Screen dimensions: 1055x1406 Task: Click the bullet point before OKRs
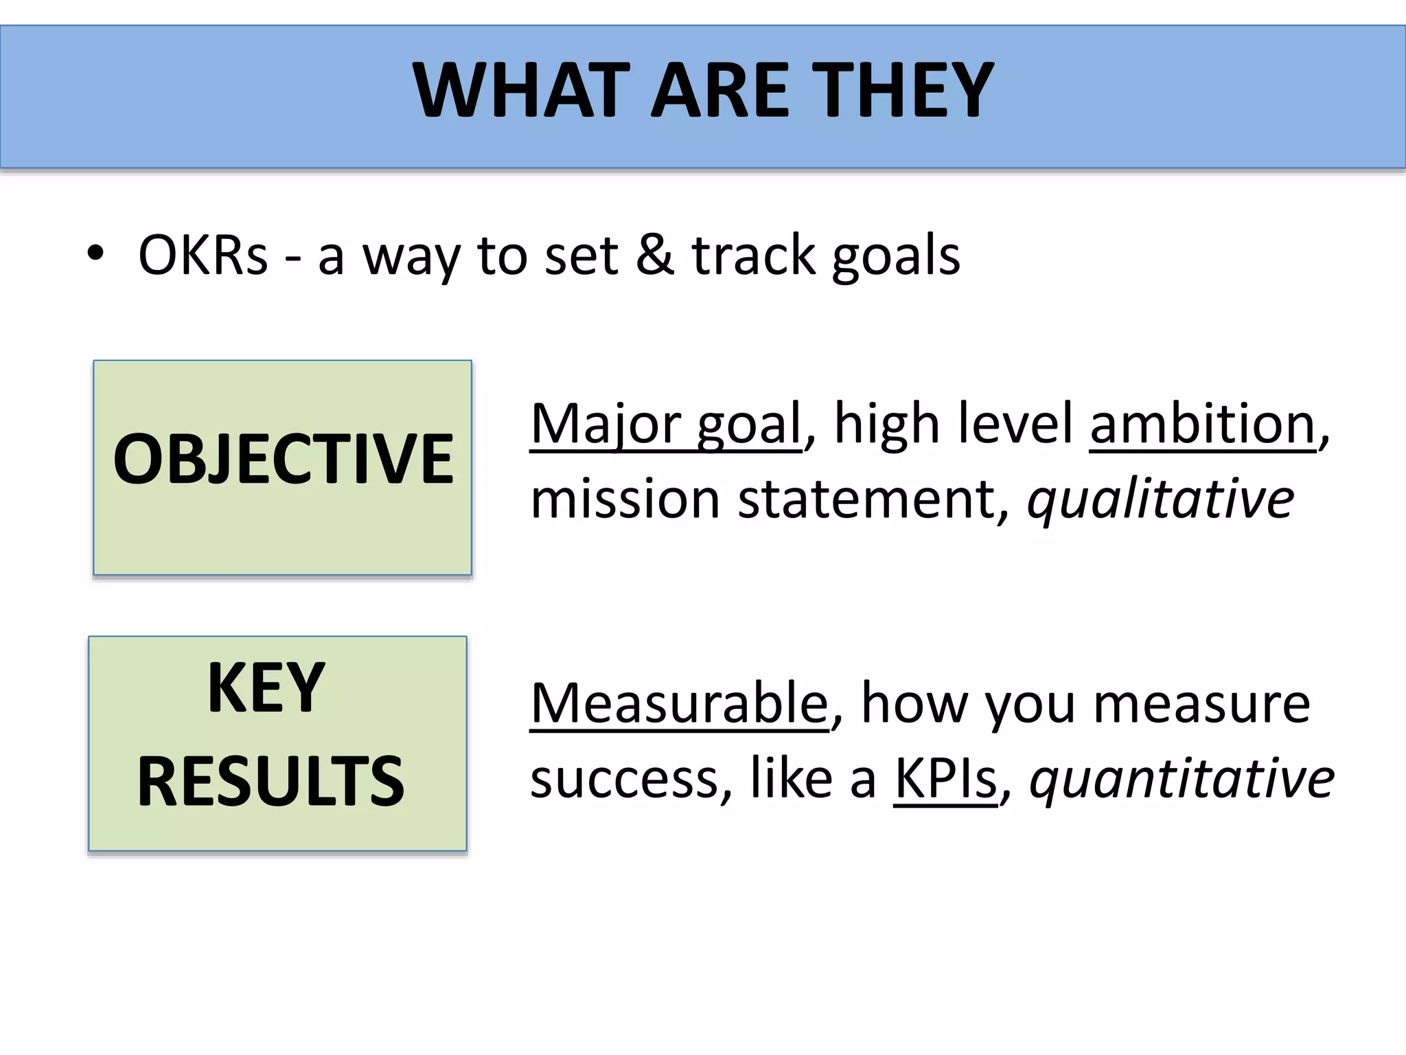[95, 255]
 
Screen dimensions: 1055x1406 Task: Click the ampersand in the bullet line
[655, 255]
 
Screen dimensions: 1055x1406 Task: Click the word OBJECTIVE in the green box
[283, 459]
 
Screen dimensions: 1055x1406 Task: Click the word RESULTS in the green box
[270, 781]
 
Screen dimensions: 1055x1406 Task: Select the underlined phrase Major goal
[666, 424]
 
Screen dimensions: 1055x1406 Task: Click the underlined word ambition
[1202, 424]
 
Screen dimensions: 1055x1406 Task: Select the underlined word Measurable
[680, 704]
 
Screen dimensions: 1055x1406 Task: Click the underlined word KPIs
[945, 779]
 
